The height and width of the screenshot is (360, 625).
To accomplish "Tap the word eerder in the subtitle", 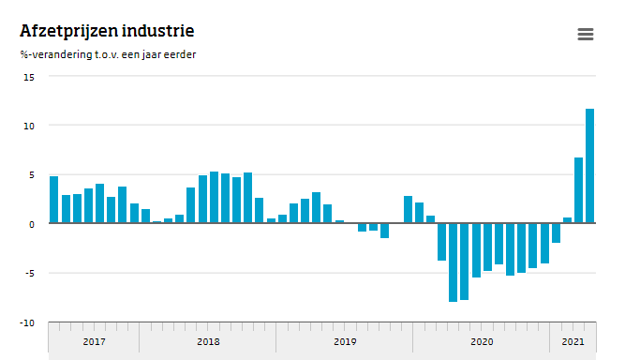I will (x=178, y=54).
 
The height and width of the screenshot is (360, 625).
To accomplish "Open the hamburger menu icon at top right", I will (x=586, y=35).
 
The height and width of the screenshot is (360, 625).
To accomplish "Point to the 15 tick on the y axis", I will (x=28, y=77).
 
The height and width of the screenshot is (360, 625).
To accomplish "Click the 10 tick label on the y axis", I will (x=28, y=126).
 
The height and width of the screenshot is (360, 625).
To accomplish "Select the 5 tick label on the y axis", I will (x=31, y=175).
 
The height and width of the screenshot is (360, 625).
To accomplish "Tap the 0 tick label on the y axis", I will (x=31, y=224).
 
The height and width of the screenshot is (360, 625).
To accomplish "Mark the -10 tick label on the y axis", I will (x=27, y=322).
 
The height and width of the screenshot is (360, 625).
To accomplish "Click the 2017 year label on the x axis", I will (x=94, y=342).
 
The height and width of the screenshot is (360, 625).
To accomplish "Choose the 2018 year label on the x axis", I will (x=208, y=342).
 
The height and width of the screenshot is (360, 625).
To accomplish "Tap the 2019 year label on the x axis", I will (x=345, y=342).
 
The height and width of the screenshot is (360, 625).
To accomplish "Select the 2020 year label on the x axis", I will (x=482, y=342).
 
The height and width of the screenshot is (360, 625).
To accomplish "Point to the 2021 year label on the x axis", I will (x=573, y=342).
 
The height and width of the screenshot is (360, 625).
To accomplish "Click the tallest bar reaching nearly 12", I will (x=590, y=166).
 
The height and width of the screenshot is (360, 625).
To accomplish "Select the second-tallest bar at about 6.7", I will (x=578, y=190).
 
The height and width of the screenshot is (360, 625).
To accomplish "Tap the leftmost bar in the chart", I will (x=53, y=200).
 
